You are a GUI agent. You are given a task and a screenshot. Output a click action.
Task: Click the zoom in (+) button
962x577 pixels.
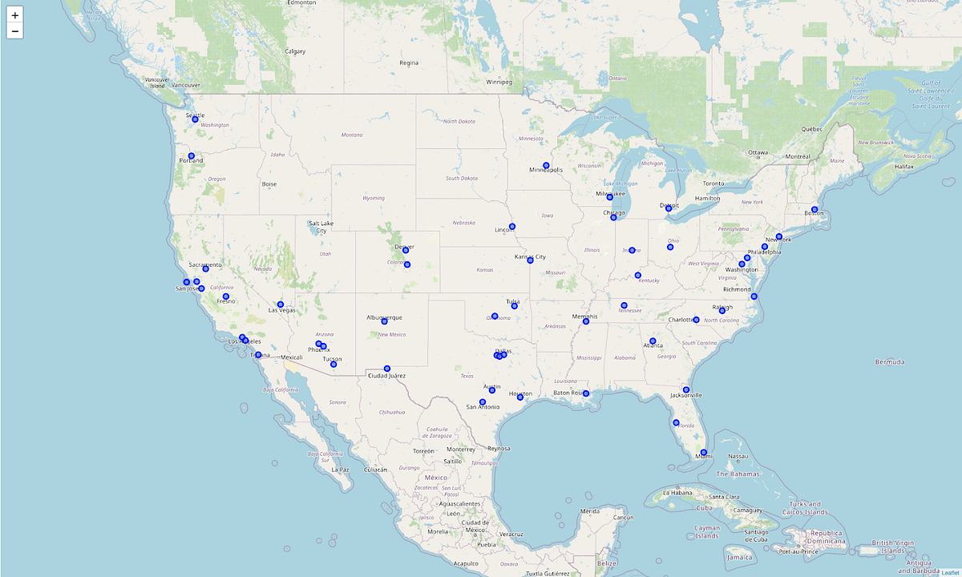pos(14,15)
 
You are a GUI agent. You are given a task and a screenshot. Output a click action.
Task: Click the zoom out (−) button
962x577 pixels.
pos(14,31)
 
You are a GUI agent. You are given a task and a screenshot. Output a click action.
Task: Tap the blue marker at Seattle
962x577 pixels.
pos(195,119)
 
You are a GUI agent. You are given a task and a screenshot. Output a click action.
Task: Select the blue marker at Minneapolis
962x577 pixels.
pos(546,166)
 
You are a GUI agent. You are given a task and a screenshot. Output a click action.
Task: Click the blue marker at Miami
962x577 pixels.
pos(703,453)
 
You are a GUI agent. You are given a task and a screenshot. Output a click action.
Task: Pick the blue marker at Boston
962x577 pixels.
pos(814,210)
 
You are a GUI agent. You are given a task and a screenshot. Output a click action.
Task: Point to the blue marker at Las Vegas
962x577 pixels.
pos(281,305)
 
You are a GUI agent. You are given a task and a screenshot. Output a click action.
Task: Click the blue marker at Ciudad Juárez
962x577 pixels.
pos(387,369)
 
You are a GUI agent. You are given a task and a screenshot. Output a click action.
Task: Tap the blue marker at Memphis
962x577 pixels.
pos(586,321)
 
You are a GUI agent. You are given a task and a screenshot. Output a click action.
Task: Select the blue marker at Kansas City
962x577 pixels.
pos(531,260)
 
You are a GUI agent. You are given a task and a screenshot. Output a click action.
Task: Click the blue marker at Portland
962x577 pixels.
pos(192,156)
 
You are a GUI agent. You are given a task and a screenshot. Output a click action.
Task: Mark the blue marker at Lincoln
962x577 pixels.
pos(512,226)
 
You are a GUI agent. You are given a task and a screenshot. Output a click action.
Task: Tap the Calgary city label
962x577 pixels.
pos(295,51)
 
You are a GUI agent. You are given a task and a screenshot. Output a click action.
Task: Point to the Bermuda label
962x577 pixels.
pos(889,362)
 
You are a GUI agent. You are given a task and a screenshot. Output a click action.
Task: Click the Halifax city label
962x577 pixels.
pos(904,166)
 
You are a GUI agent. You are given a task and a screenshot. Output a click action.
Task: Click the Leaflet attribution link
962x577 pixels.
pos(950,572)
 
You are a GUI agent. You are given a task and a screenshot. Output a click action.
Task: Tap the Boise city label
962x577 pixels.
pos(269,184)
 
